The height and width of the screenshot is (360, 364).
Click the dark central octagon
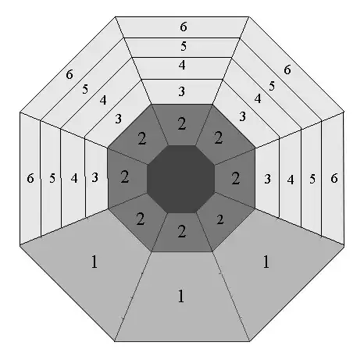point(181,179)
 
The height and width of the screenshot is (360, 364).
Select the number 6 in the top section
point(184,27)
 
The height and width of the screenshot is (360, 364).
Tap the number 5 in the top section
point(184,46)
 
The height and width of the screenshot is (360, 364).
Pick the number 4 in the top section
point(182,65)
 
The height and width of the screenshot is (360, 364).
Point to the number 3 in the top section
point(182,91)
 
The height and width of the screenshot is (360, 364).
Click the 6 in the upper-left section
point(70,74)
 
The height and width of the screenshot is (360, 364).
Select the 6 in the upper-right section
point(287,70)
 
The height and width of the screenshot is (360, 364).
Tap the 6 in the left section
point(30,178)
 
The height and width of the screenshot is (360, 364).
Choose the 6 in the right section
point(334,178)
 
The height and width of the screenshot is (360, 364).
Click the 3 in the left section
point(95,177)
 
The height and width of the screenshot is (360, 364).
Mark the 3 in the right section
point(267,179)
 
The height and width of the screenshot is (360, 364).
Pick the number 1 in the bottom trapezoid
point(181,296)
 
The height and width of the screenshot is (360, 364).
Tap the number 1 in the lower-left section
point(95,262)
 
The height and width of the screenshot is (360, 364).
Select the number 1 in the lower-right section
point(266,262)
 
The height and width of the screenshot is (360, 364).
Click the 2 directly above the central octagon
point(182,123)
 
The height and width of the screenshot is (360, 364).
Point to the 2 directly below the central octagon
point(182,231)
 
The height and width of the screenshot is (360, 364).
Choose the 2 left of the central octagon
point(125,177)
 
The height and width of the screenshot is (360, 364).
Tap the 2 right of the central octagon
point(236,179)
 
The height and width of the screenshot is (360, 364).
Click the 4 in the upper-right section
point(258,98)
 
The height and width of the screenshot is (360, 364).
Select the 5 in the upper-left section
point(85,89)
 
